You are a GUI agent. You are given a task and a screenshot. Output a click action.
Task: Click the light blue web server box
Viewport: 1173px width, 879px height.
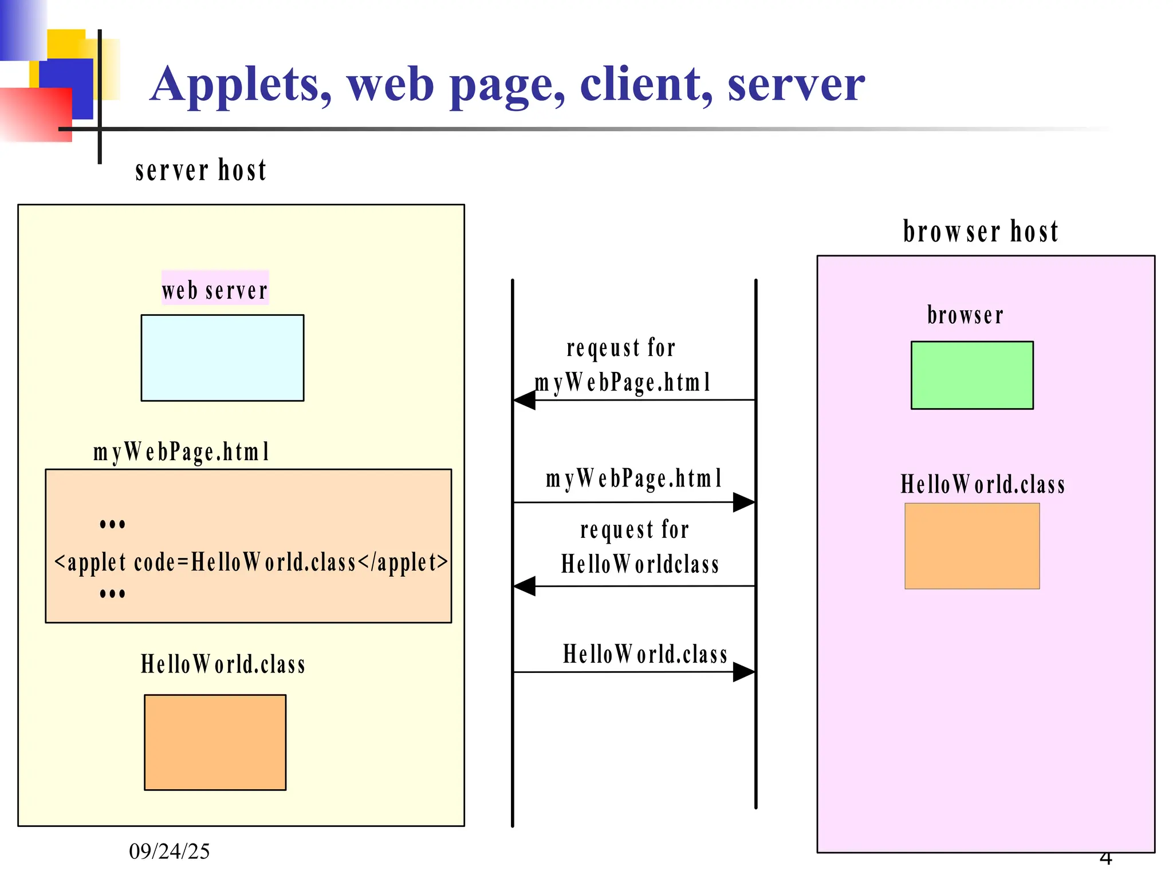coord(222,358)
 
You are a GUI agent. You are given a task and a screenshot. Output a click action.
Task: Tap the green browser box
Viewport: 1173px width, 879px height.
coord(972,375)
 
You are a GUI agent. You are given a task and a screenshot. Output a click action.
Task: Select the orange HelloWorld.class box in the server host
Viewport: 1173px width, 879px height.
coord(215,742)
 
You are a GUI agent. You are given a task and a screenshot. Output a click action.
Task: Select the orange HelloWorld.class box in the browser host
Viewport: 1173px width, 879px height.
coord(972,546)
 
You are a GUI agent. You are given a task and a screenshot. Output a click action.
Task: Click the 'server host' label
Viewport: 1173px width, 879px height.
coord(200,171)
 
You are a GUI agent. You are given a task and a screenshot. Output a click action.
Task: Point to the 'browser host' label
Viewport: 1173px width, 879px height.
coord(981,232)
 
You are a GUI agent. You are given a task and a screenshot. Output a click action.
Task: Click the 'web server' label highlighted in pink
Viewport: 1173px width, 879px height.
coord(215,290)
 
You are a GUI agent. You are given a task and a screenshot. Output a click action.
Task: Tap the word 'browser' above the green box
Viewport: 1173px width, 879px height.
coord(965,315)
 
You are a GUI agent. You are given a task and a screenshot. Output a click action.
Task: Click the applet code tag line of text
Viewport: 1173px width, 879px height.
coord(251,562)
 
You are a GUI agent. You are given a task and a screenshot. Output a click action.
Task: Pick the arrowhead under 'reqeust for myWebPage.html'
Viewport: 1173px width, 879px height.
coord(524,400)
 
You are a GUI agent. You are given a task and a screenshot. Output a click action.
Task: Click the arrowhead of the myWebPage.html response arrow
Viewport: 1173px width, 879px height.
coord(744,502)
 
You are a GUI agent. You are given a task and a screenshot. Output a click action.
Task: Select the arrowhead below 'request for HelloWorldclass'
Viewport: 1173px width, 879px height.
coord(524,586)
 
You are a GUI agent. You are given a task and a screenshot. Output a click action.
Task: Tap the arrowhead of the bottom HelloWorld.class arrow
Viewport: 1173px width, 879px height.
coord(744,672)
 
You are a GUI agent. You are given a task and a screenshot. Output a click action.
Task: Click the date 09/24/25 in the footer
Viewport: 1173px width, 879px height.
coord(169,852)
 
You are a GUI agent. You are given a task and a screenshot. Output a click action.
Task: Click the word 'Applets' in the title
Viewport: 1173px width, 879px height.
coord(241,85)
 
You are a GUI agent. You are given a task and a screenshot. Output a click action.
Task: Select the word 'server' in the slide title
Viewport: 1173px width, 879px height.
coord(796,85)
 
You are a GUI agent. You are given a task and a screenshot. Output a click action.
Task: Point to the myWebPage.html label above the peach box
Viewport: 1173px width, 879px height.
coord(181,452)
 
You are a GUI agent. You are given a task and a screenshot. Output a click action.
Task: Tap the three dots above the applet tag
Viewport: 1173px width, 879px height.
coord(112,524)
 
